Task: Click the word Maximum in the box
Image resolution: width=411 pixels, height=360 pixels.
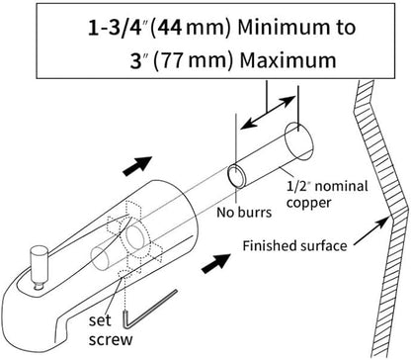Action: pyautogui.click(x=288, y=60)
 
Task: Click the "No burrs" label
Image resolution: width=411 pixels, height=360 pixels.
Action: pyautogui.click(x=244, y=213)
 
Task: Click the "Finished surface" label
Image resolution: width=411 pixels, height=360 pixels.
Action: pyautogui.click(x=294, y=246)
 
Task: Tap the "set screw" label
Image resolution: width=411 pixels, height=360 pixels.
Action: pyautogui.click(x=111, y=329)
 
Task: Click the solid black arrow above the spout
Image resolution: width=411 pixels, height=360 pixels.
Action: pyautogui.click(x=137, y=165)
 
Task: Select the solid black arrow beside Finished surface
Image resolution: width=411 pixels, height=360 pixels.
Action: pyautogui.click(x=216, y=263)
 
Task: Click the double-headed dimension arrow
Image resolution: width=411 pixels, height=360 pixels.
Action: pyautogui.click(x=268, y=112)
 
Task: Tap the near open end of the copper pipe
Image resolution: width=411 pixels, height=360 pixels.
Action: pyautogui.click(x=237, y=176)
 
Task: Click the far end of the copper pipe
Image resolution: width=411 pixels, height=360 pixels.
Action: pyautogui.click(x=298, y=141)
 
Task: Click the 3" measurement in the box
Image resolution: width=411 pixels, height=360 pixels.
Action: pyautogui.click(x=137, y=61)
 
